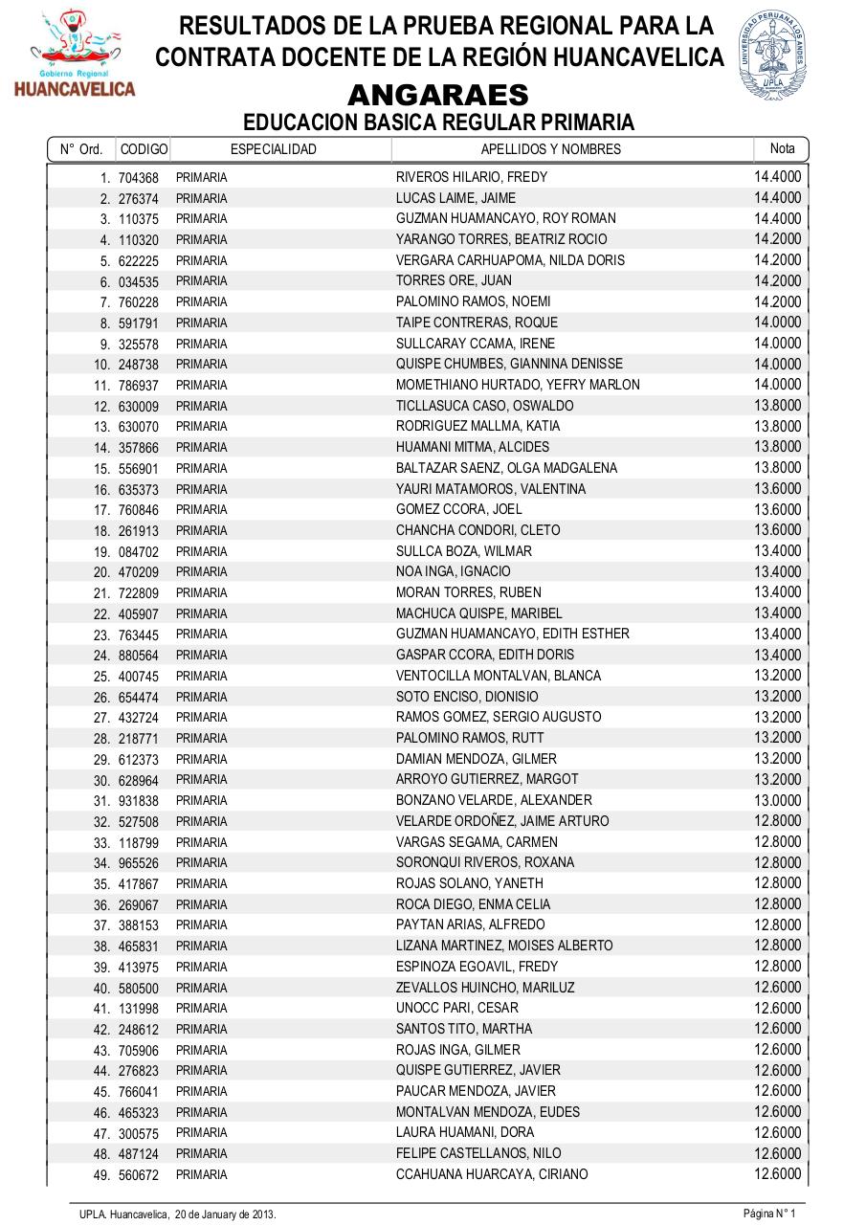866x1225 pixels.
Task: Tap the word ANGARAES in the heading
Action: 437,96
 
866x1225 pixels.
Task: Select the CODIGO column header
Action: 144,149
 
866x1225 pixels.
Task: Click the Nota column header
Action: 782,148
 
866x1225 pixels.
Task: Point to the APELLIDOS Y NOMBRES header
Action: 550,149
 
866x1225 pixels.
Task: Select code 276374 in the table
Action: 139,199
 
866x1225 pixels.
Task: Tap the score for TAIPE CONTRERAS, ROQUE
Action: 777,323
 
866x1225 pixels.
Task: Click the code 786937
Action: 139,386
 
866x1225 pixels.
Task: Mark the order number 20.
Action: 102,572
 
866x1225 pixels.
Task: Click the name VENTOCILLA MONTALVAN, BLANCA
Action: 499,676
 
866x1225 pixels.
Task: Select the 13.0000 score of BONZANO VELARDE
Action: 777,800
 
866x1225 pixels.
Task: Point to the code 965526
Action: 139,863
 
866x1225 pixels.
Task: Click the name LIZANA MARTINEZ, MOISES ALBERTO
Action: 504,946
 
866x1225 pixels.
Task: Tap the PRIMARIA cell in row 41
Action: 201,1009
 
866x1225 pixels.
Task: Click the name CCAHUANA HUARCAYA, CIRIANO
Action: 492,1174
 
